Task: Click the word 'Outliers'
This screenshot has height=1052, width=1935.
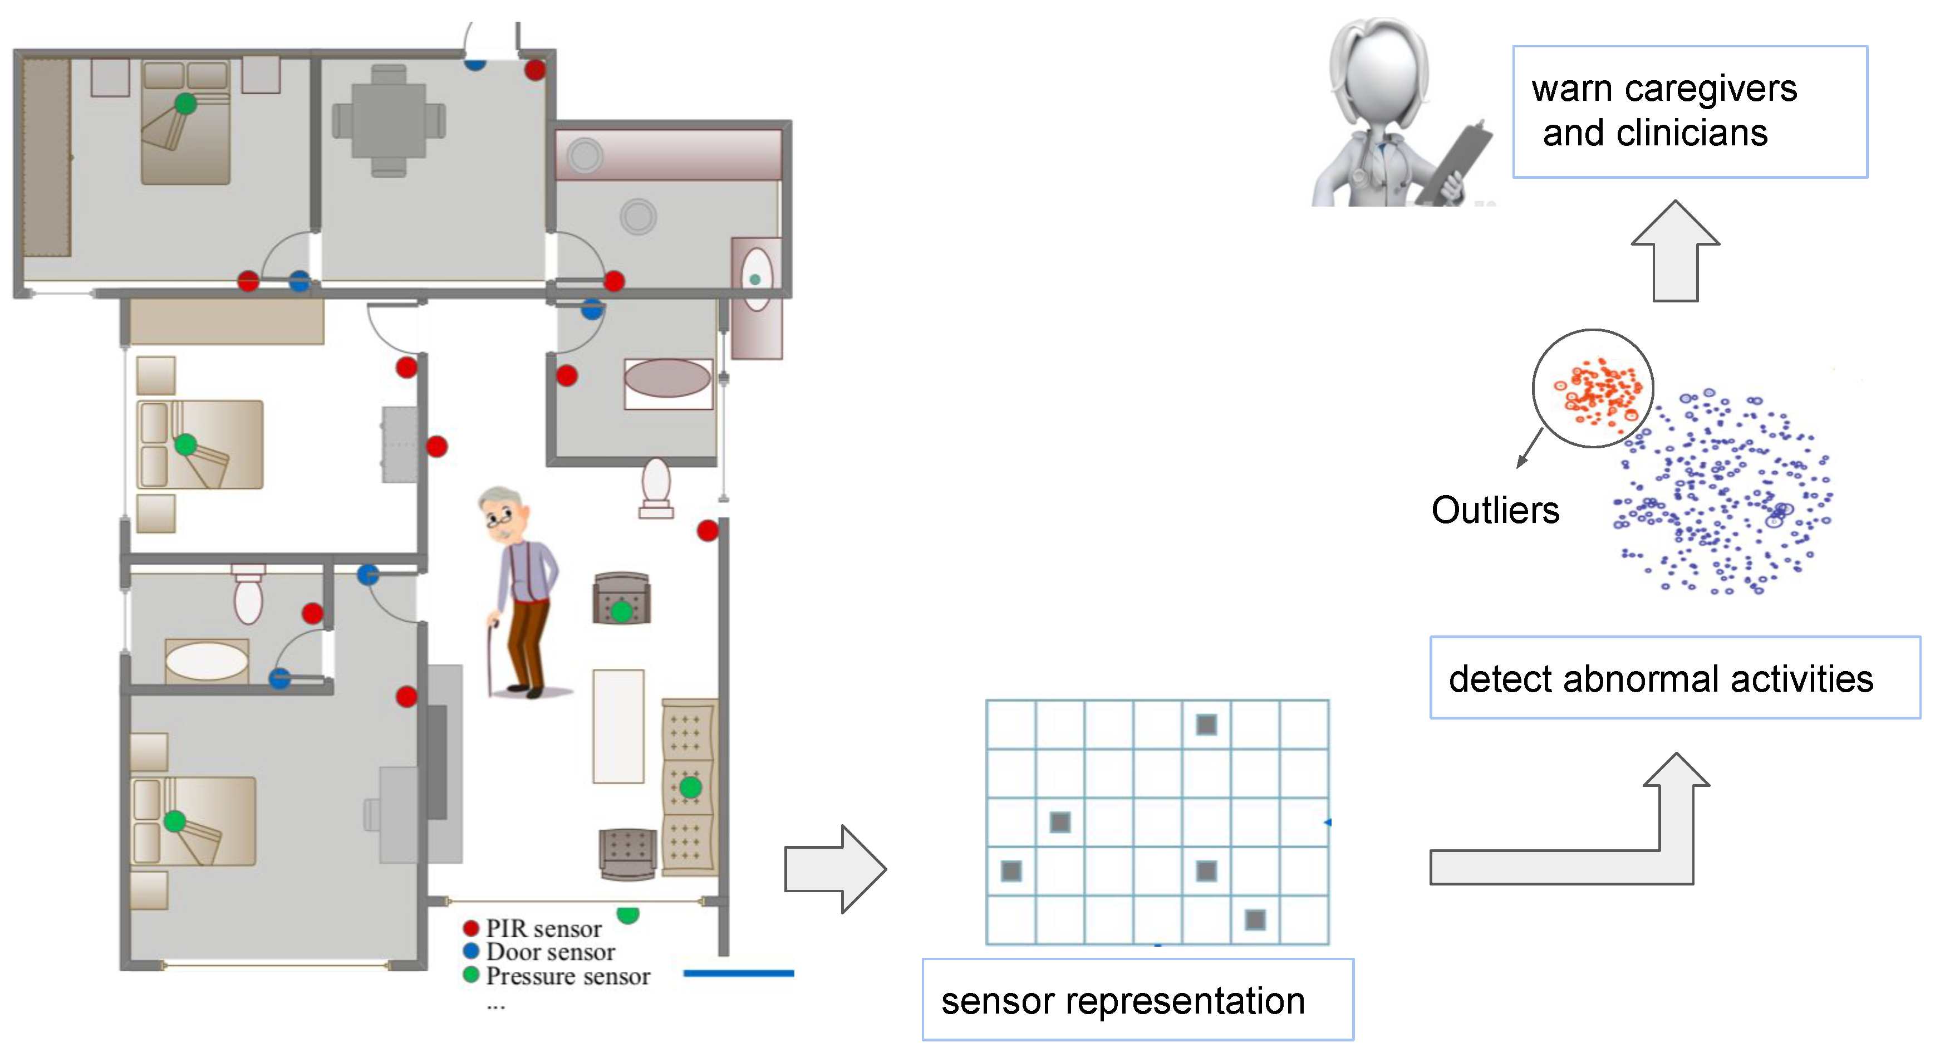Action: [1494, 510]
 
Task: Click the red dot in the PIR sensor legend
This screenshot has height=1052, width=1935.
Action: [471, 927]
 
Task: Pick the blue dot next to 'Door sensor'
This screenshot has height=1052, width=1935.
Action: [471, 951]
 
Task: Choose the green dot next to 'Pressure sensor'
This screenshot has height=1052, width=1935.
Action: [471, 975]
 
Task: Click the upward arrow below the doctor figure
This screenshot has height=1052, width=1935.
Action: [1675, 252]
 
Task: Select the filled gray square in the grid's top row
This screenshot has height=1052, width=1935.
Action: [1206, 725]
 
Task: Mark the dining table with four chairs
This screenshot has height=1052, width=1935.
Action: [389, 120]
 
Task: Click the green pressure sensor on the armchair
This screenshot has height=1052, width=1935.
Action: [621, 611]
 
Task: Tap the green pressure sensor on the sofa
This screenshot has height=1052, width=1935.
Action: [690, 787]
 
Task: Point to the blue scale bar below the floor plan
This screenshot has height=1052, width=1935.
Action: [738, 972]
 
